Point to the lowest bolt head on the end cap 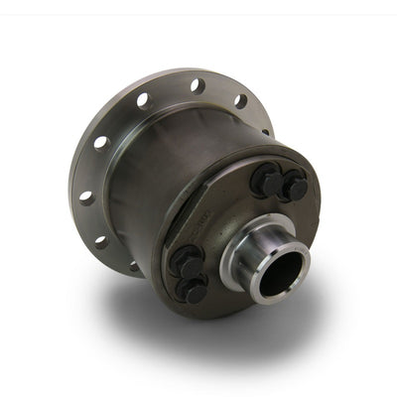pyautogui.click(x=195, y=289)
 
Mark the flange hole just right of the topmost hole pyautogui.click(x=239, y=99)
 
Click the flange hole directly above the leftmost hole pyautogui.click(x=99, y=142)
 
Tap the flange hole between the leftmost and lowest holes pyautogui.click(x=100, y=239)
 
